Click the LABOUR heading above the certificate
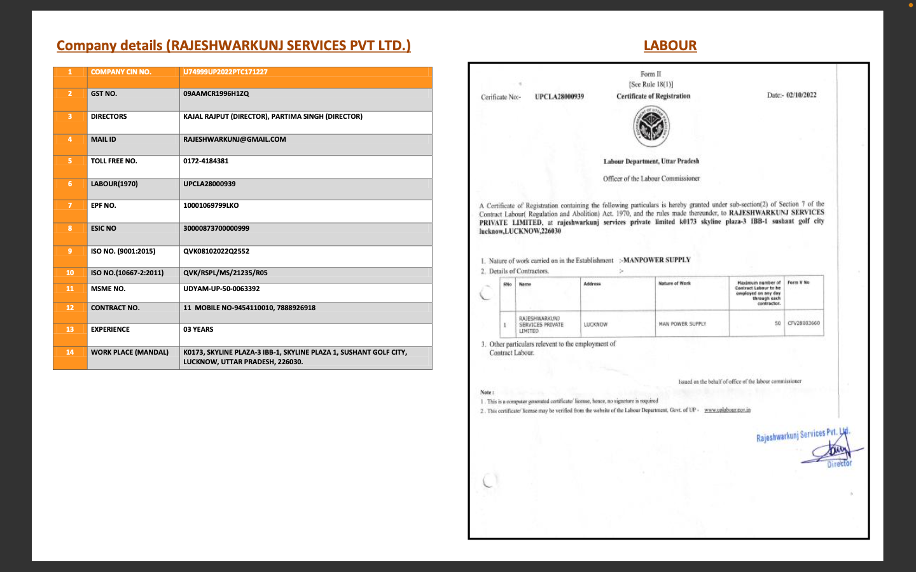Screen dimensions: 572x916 point(670,46)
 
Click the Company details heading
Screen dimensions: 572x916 point(233,46)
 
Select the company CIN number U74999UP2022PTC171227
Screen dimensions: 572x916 point(225,72)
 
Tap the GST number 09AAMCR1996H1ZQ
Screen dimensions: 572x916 point(216,94)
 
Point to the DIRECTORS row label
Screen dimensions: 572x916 point(109,117)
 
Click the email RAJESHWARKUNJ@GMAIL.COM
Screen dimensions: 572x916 point(234,140)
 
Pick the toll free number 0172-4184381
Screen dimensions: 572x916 point(205,161)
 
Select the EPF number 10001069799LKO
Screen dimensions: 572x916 point(211,206)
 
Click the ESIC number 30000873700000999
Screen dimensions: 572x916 point(216,229)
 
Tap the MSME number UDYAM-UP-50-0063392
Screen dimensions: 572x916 point(221,289)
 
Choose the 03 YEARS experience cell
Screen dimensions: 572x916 point(198,330)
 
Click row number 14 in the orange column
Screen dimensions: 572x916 point(70,353)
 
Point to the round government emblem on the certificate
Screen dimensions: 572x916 point(651,126)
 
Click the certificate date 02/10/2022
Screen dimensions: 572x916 point(801,95)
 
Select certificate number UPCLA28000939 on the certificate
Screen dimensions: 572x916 point(559,97)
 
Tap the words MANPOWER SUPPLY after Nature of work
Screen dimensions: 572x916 point(656,260)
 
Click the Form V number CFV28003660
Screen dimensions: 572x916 point(803,323)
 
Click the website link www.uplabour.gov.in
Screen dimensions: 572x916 point(727,410)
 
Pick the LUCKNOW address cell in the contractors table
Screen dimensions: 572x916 point(595,325)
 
